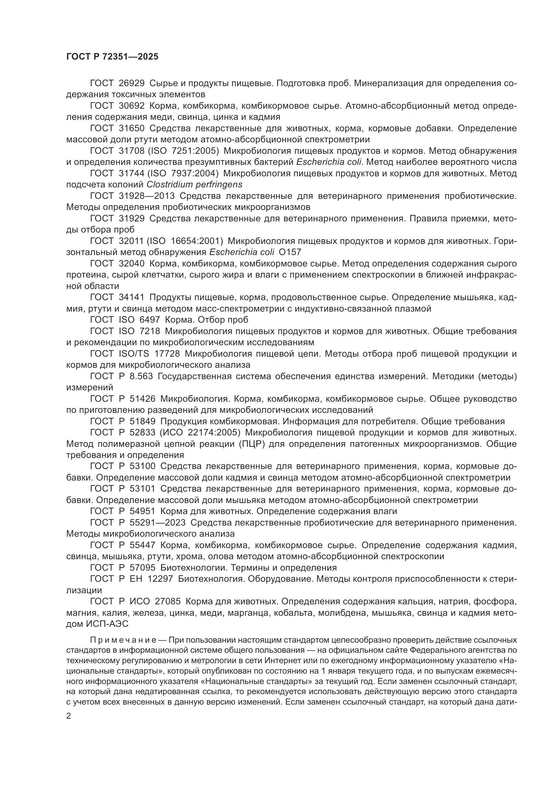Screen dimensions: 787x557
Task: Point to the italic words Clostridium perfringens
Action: coord(194,185)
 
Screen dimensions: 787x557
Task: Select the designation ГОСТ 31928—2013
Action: coord(132,196)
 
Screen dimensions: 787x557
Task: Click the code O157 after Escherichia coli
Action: coord(290,252)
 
